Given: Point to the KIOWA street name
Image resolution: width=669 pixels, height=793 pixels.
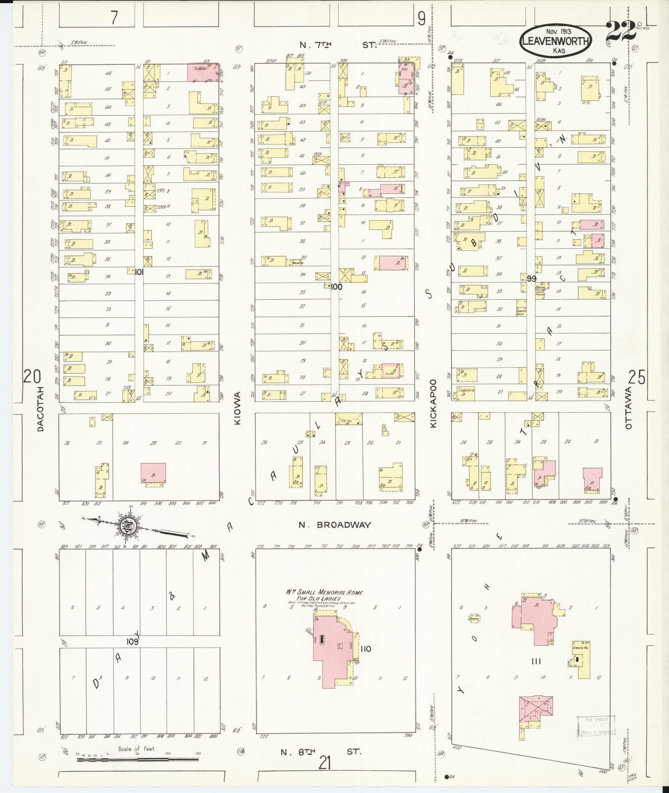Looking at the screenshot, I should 238,409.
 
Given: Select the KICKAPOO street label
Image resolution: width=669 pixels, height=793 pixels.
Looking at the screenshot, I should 433,403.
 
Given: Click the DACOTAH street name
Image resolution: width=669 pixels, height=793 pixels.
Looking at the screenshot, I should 40,409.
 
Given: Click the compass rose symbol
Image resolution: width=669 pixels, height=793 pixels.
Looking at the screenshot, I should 126,526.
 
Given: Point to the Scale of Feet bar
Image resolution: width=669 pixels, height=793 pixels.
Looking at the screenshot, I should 138,759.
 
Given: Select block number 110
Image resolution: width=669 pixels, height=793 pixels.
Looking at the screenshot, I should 365,649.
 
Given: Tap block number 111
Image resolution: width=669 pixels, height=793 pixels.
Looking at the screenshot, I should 536,662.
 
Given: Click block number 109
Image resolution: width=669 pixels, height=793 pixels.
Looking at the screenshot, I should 132,642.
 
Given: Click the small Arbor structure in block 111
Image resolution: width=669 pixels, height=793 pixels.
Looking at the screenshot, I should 473,618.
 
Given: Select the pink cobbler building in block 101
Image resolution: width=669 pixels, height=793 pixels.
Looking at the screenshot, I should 202,73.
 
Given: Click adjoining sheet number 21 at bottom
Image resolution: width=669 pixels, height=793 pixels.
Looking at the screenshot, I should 325,762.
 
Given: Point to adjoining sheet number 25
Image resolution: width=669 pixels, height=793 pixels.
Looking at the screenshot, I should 637,378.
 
